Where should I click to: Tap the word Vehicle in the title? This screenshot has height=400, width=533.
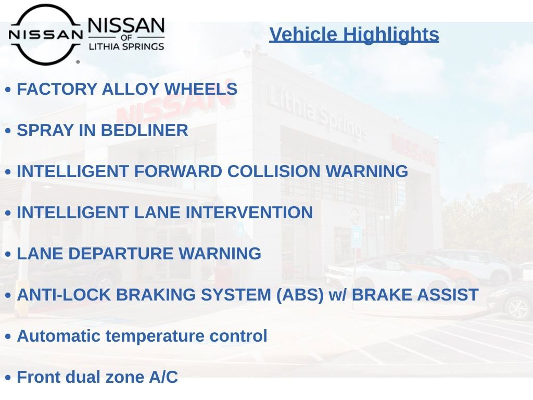coord(303,34)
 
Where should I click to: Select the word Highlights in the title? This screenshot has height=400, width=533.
coord(391,35)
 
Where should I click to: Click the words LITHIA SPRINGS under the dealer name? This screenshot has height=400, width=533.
coord(126,46)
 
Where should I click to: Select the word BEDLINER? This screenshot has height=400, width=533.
coord(145,130)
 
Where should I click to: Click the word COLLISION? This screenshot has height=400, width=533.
coord(274,171)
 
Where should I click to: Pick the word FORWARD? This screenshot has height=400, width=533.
coord(178,171)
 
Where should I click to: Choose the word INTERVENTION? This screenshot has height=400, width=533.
coord(249,213)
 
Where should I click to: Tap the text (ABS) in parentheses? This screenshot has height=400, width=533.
coord(300,295)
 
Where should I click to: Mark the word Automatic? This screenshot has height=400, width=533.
coord(59,336)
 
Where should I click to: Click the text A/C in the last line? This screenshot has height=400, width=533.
coord(163,377)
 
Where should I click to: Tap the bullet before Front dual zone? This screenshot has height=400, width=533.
coord(8,378)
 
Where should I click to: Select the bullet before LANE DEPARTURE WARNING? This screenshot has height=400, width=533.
coord(8,254)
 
